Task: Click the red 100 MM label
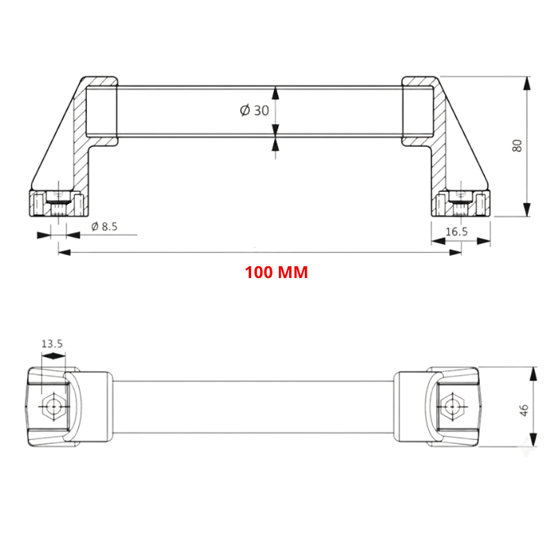pyautogui.click(x=276, y=273)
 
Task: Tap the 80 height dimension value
pyautogui.click(x=517, y=145)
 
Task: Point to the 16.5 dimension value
pyautogui.click(x=457, y=231)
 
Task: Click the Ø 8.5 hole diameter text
pyautogui.click(x=104, y=227)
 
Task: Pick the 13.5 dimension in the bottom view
pyautogui.click(x=52, y=344)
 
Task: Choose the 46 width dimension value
pyautogui.click(x=523, y=409)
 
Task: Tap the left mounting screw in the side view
pyautogui.click(x=58, y=205)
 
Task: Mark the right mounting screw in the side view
pyautogui.click(x=460, y=205)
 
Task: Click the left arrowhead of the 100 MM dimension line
pyautogui.click(x=62, y=252)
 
